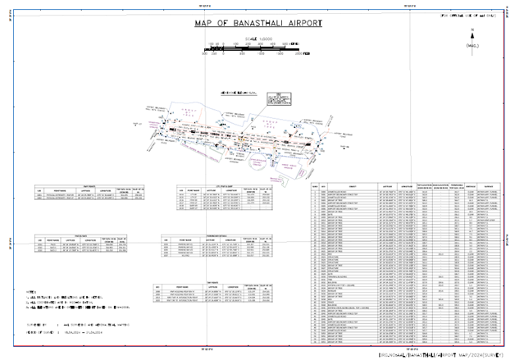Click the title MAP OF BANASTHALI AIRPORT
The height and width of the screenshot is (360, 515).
tap(257, 25)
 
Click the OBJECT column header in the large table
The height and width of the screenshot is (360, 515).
tap(352, 187)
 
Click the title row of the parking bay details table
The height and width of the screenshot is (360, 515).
tap(212, 236)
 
